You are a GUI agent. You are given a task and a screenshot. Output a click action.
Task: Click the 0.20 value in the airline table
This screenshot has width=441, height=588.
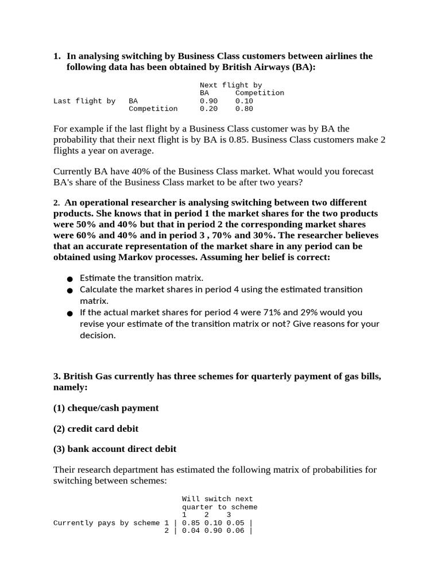(x=208, y=109)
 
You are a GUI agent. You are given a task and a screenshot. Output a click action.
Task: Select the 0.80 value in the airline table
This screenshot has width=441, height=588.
(x=244, y=109)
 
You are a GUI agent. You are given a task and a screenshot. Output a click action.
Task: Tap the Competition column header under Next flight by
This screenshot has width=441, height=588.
(x=260, y=92)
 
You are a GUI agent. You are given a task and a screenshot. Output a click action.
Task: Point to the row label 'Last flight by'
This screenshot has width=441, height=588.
(x=84, y=101)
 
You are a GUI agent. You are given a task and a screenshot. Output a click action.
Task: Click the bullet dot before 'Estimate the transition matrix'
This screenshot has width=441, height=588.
(x=69, y=278)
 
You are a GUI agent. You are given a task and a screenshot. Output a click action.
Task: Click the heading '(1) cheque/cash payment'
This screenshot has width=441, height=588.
(x=106, y=408)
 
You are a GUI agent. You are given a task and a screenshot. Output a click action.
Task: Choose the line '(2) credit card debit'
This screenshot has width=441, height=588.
(x=96, y=428)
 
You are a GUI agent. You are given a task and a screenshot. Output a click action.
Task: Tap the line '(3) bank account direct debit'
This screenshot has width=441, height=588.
(x=115, y=449)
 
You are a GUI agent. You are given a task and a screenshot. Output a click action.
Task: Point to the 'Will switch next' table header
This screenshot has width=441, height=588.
(x=217, y=499)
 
